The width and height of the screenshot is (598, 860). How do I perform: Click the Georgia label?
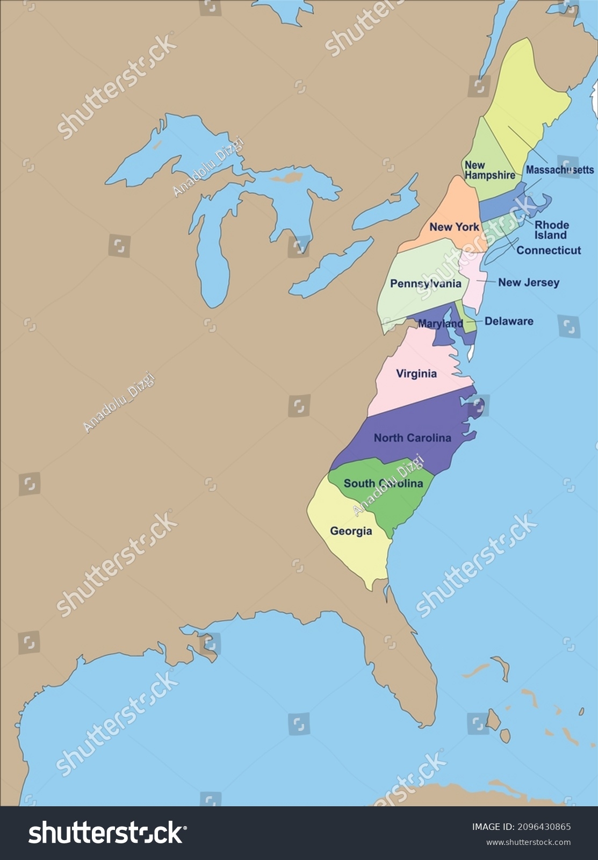point(351,531)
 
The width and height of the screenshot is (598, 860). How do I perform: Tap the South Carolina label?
point(383,483)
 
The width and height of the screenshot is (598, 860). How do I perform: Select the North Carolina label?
point(412,438)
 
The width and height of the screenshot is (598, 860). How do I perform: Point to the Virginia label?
point(416,374)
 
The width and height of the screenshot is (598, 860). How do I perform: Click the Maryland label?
point(440,324)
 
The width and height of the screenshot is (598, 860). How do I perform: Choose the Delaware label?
point(508,321)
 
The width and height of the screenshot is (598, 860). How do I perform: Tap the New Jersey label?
point(528,282)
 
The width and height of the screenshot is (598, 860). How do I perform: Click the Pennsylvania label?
point(426,283)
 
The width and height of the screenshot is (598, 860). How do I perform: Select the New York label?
point(454,227)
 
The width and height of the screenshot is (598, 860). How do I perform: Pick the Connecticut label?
point(548,250)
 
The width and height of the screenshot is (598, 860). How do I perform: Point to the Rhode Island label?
point(551,230)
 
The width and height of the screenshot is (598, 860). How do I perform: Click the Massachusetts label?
point(559,170)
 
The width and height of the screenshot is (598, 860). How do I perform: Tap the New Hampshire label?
point(489,170)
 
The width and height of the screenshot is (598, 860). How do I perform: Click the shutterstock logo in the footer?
point(107,833)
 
